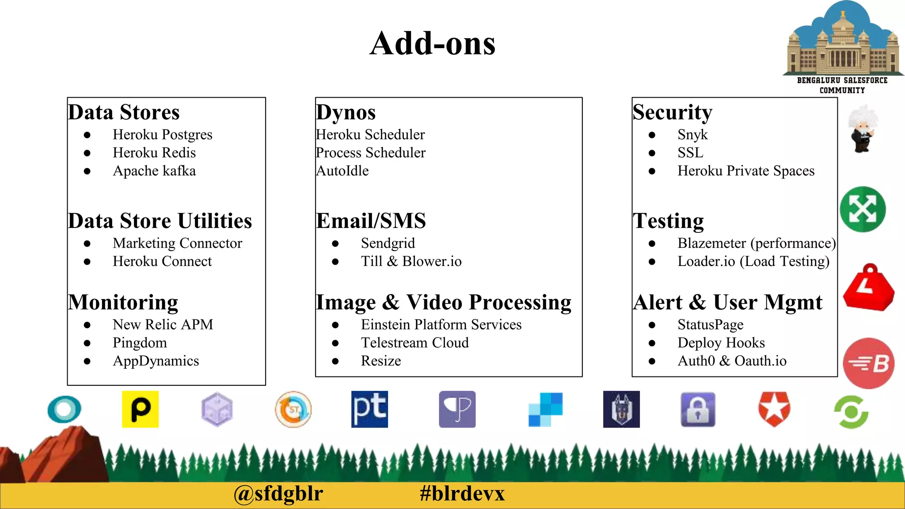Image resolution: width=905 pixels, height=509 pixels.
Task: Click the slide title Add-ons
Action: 433,43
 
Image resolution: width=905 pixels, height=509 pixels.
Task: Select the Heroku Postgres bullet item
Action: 162,134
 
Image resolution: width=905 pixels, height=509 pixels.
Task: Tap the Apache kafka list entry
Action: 154,171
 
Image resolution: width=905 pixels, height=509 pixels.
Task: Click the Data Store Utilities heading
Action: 160,220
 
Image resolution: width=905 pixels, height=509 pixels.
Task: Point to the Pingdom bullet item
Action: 140,342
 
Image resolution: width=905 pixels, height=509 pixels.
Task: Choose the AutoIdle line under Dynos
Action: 342,171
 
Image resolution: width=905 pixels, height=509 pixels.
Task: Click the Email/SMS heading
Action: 371,220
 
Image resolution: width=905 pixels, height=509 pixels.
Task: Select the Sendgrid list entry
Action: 388,243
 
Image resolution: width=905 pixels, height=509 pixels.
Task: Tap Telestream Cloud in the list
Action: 414,342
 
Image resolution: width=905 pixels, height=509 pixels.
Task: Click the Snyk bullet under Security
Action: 692,134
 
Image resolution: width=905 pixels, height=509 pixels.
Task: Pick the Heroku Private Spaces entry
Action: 746,171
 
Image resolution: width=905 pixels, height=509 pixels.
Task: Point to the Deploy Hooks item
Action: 721,342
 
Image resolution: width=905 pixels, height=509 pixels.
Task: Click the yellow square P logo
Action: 140,409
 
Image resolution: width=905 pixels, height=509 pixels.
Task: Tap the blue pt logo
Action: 369,409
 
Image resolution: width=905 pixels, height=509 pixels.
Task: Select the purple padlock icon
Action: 698,410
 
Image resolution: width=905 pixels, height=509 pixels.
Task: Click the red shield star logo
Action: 774,409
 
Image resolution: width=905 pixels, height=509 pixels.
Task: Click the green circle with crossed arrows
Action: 863,209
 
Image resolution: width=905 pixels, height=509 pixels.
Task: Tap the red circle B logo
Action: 869,363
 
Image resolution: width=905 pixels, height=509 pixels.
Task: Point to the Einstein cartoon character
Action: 863,129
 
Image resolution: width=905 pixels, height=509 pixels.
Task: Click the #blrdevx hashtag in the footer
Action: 462,493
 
